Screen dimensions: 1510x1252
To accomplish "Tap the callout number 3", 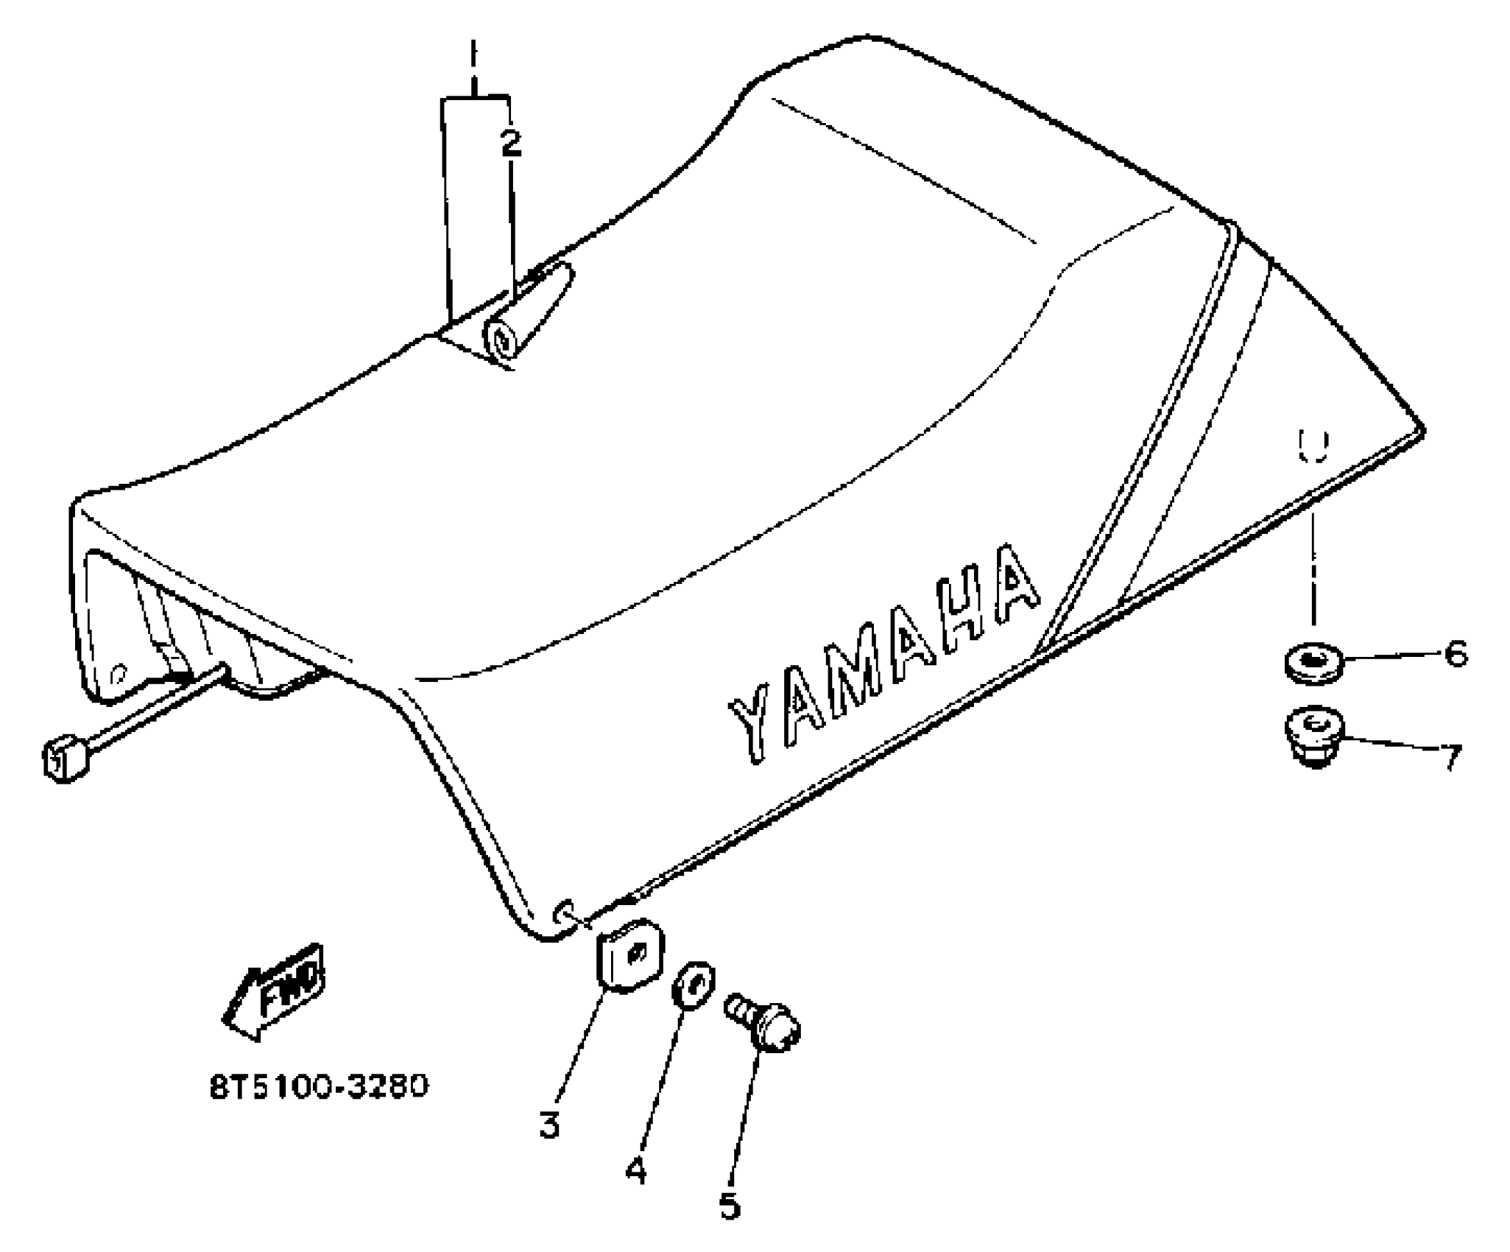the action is coord(549,1125).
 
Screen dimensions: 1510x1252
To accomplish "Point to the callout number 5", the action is coord(729,1206).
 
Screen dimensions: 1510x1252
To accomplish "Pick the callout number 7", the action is coord(1450,756).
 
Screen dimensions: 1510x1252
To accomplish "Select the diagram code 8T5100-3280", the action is coord(318,1087).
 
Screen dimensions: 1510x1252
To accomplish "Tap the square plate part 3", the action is coord(630,955).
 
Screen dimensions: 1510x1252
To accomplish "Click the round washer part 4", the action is coord(693,982).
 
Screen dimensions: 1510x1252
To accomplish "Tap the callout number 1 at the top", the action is coord(473,57).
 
